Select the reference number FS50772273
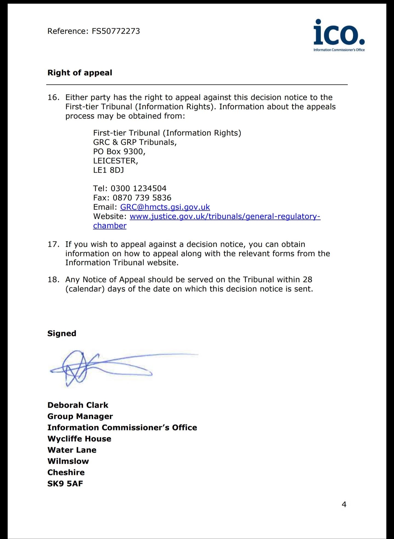pyautogui.click(x=116, y=31)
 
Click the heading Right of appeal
pyautogui.click(x=80, y=73)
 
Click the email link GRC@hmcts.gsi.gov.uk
pyautogui.click(x=165, y=207)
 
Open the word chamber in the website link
pyautogui.click(x=110, y=226)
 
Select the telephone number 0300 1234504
pyautogui.click(x=138, y=189)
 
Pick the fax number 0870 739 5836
pyautogui.click(x=142, y=198)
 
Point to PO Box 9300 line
pyautogui.click(x=119, y=152)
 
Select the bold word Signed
pyautogui.click(x=62, y=334)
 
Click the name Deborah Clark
pyautogui.click(x=78, y=405)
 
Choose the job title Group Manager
pyautogui.click(x=80, y=416)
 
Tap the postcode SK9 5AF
pyautogui.click(x=65, y=484)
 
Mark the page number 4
pyautogui.click(x=344, y=504)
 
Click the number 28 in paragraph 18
pyautogui.click(x=308, y=280)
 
